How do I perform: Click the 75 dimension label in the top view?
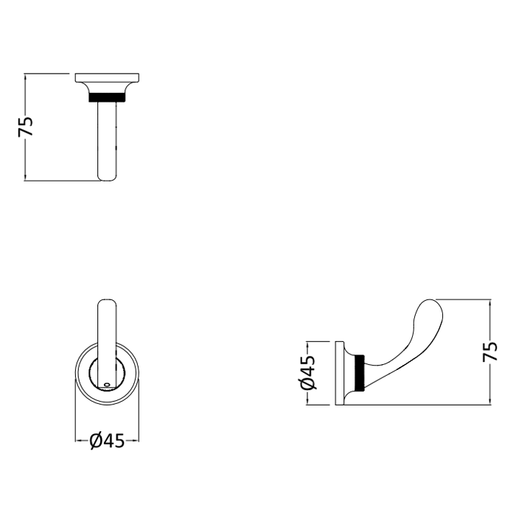click(x=26, y=127)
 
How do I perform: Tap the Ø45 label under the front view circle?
click(x=108, y=441)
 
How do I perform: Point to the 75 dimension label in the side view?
click(x=489, y=352)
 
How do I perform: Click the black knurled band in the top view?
click(x=108, y=97)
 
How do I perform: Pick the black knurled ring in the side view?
click(x=361, y=373)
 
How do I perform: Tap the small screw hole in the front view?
click(x=106, y=384)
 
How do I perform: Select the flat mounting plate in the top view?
click(x=108, y=77)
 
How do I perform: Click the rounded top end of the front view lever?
click(x=107, y=302)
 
